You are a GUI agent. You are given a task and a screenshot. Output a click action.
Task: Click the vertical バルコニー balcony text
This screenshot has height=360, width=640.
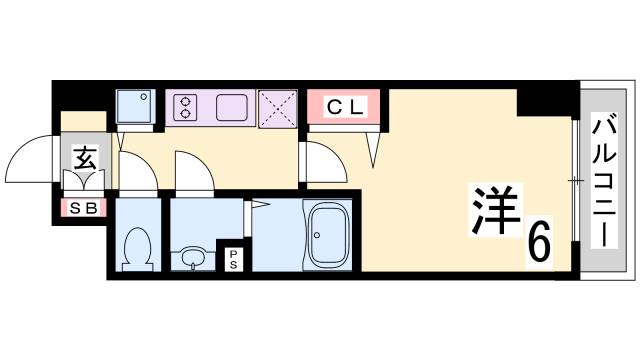[603, 181]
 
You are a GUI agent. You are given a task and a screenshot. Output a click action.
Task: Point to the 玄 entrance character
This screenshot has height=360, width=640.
[84, 159]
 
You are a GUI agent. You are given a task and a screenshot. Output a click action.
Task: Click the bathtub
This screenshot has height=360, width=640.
[325, 235]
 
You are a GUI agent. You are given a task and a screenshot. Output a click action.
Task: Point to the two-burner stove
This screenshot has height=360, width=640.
[185, 107]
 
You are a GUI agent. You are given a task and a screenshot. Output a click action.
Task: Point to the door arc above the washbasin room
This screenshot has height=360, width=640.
[193, 169]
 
